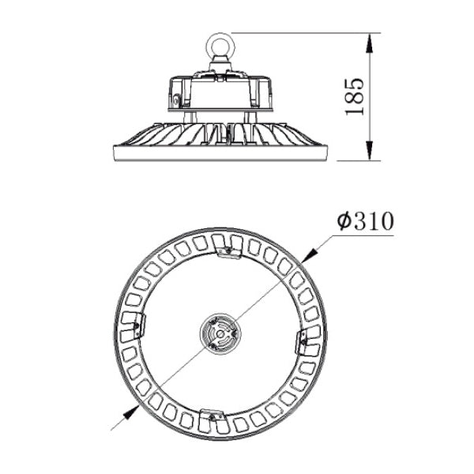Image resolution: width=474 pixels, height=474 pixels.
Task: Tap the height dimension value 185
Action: (x=355, y=97)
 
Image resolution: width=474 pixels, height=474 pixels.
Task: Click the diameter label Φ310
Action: (x=364, y=222)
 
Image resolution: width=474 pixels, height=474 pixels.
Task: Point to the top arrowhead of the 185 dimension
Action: (x=370, y=39)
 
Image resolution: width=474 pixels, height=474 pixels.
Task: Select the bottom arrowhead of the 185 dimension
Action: (x=370, y=154)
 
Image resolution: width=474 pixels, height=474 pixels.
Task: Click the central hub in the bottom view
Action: (x=217, y=333)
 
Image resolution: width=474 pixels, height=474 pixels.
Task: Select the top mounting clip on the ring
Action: (x=229, y=251)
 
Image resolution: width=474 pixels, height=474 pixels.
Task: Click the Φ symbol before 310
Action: (x=343, y=222)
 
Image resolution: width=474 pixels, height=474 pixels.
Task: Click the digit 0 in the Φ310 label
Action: (x=384, y=222)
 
